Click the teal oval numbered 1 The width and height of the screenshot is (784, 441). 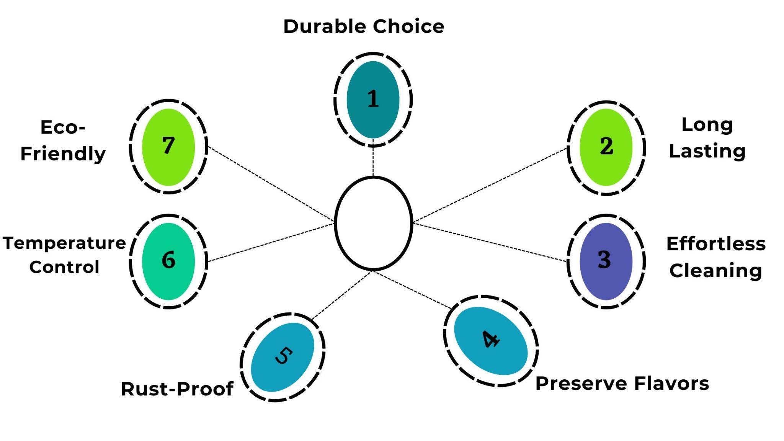click(x=373, y=100)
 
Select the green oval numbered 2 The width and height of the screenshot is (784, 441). click(x=606, y=147)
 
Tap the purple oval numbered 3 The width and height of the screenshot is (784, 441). click(x=606, y=261)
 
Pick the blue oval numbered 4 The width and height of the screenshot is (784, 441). click(x=491, y=341)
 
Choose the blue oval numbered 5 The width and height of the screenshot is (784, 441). click(x=283, y=357)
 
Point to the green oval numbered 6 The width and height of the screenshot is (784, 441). click(x=168, y=261)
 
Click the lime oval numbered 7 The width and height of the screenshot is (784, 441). click(x=168, y=147)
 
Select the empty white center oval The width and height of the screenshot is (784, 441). click(x=373, y=223)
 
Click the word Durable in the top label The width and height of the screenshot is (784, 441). click(x=325, y=26)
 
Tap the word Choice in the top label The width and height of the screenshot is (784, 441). click(x=408, y=26)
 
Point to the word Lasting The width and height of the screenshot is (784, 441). click(x=707, y=152)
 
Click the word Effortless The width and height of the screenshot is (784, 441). click(x=716, y=244)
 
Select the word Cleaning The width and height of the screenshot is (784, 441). click(x=715, y=271)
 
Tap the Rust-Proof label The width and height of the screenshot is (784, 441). click(x=177, y=389)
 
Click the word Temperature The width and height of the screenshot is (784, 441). click(x=64, y=243)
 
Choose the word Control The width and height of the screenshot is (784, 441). click(x=64, y=267)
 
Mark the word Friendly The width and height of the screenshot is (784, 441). click(x=63, y=154)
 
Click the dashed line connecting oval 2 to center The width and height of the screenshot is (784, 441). click(x=490, y=185)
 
